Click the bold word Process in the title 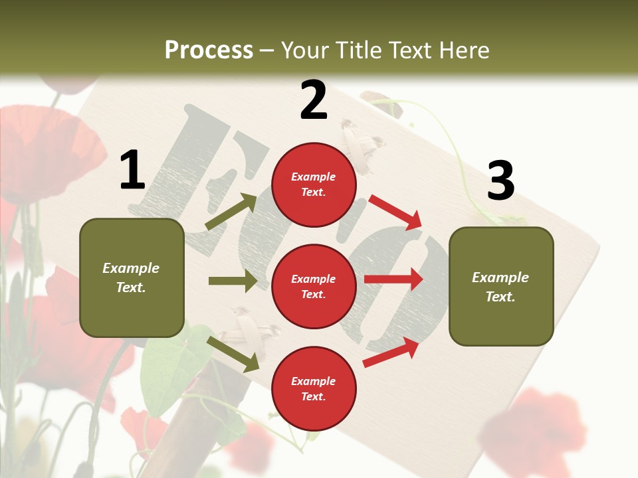point(209,50)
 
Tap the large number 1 point(132,170)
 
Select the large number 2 point(314,100)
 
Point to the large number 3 point(500,181)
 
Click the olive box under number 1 point(132,278)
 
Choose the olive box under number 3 point(501,286)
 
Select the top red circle point(314,185)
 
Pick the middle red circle point(314,286)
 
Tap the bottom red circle point(314,388)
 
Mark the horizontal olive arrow point(233,281)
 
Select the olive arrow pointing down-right point(233,354)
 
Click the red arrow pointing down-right point(396,212)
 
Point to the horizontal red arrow point(393,279)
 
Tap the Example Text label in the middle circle point(314,286)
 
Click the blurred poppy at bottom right point(532,425)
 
